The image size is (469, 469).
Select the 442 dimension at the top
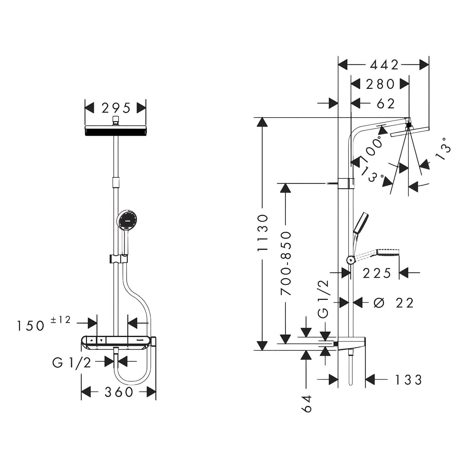pyautogui.click(x=384, y=65)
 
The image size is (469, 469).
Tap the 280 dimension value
pyautogui.click(x=380, y=84)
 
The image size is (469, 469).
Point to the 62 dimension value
pyautogui.click(x=386, y=103)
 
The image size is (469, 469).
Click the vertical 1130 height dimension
pyautogui.click(x=263, y=233)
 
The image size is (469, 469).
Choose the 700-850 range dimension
pyautogui.click(x=286, y=263)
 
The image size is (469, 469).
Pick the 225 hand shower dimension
pyautogui.click(x=377, y=273)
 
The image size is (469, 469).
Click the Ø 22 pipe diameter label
pyautogui.click(x=394, y=303)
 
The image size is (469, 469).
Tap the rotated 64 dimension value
pyautogui.click(x=307, y=404)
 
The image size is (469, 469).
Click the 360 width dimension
pyautogui.click(x=119, y=392)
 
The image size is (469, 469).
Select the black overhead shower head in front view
pyautogui.click(x=115, y=131)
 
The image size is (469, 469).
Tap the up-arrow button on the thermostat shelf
pyautogui.click(x=92, y=340)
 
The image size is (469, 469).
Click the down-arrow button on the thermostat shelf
pyautogui.click(x=101, y=340)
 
